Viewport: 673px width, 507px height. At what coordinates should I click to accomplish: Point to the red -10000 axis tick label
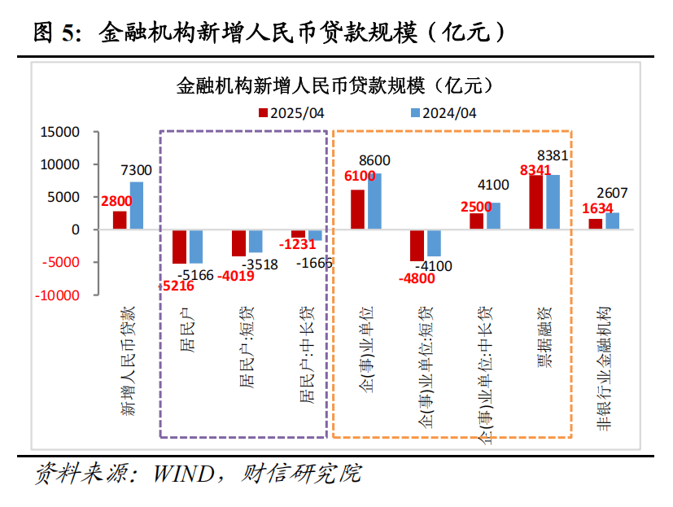tap(59, 295)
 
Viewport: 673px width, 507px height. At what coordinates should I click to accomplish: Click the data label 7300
tap(136, 170)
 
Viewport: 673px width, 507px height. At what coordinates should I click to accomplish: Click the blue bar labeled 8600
tap(374, 201)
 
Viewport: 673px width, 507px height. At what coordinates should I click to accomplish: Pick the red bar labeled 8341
tap(536, 202)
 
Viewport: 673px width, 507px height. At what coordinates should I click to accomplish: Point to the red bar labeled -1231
tap(298, 234)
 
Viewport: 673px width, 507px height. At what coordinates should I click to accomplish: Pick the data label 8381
tap(553, 156)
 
